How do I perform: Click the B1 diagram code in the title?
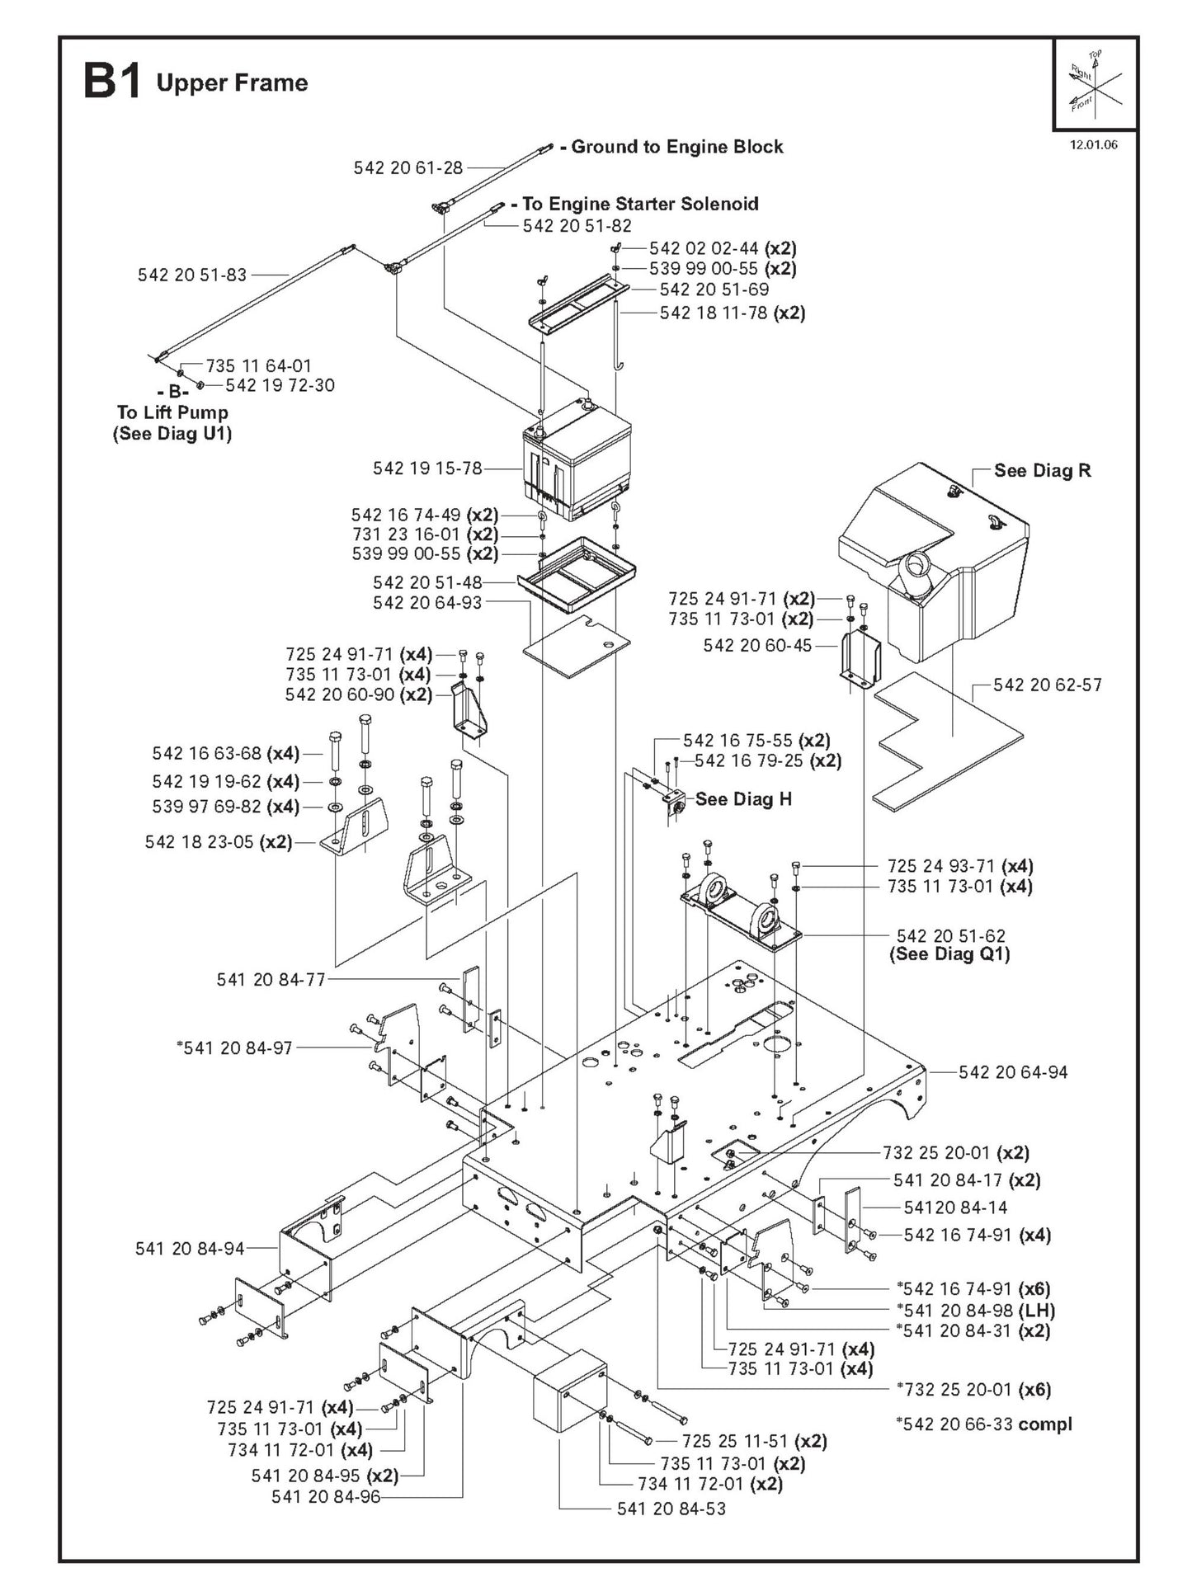111,83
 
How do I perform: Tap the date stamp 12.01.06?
1093,144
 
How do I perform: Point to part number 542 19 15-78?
426,468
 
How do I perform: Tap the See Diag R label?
1042,470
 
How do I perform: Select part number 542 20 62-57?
1047,685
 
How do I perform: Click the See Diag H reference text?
743,798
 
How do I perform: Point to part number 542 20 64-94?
1012,1072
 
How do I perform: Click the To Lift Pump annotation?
172,412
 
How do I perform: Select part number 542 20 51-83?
191,275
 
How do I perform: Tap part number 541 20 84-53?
671,1509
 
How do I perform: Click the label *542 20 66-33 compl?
983,1424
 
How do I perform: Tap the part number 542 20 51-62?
950,935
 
